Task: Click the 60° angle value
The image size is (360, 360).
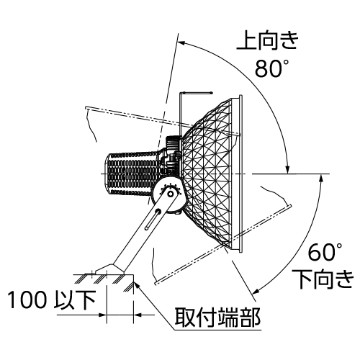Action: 325,252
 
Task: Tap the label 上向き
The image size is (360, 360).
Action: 268,41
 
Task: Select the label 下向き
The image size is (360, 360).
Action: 326,279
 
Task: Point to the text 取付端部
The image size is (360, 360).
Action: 217,318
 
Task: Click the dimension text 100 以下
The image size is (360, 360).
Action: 52,300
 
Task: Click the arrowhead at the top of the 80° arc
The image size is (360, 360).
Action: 180,43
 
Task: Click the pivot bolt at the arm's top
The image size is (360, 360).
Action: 171,194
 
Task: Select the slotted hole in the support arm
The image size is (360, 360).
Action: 153,219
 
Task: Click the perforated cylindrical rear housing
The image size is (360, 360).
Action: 132,174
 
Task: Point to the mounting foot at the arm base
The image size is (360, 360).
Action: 110,269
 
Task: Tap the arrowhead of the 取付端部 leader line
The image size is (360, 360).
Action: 136,285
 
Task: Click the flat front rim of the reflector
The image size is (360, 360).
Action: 240,174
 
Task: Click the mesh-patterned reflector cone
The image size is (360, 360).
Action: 207,174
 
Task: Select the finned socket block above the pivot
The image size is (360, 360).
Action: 173,143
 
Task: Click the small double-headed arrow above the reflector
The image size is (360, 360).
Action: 197,92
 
